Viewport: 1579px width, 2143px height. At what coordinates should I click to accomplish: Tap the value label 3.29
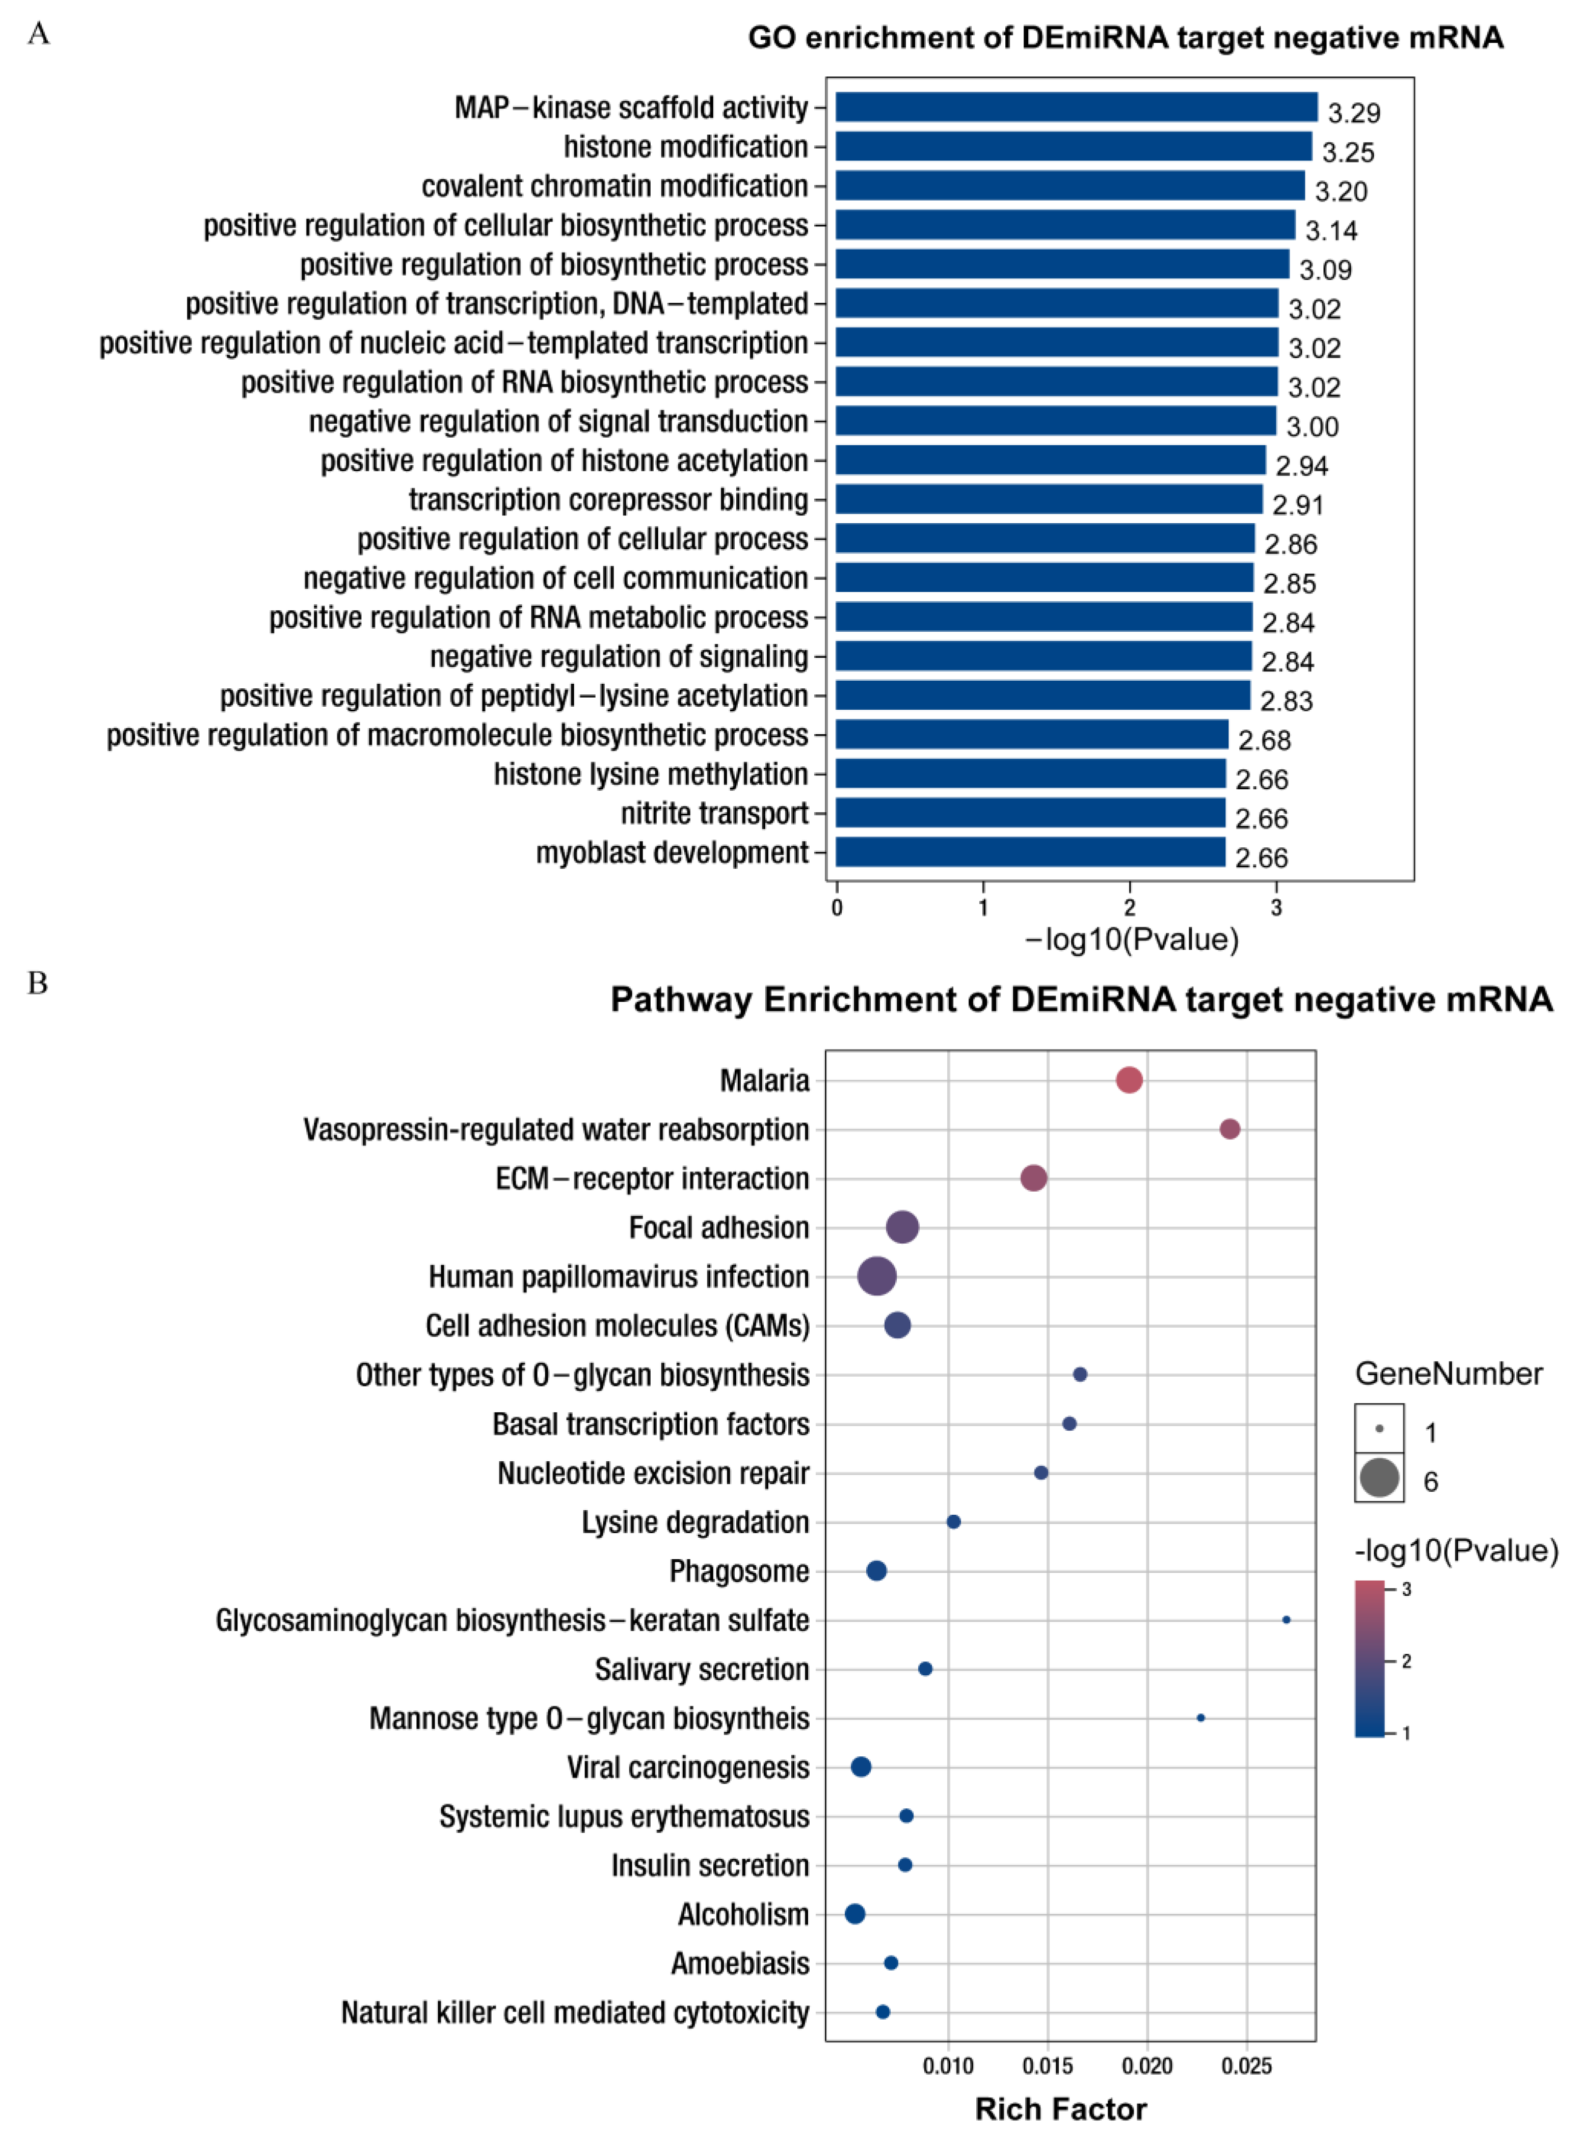(x=1353, y=113)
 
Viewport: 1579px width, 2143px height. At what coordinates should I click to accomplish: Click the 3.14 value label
(x=1330, y=230)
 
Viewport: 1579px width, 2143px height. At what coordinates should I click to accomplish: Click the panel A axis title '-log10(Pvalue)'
(x=1132, y=940)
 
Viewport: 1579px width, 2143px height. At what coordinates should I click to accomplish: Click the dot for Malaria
(x=1129, y=1080)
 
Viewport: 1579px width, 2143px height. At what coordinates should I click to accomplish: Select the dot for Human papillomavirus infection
(x=876, y=1276)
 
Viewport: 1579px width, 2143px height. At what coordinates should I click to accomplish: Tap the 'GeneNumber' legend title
(x=1448, y=1374)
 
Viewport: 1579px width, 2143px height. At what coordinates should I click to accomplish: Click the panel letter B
(x=37, y=983)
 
